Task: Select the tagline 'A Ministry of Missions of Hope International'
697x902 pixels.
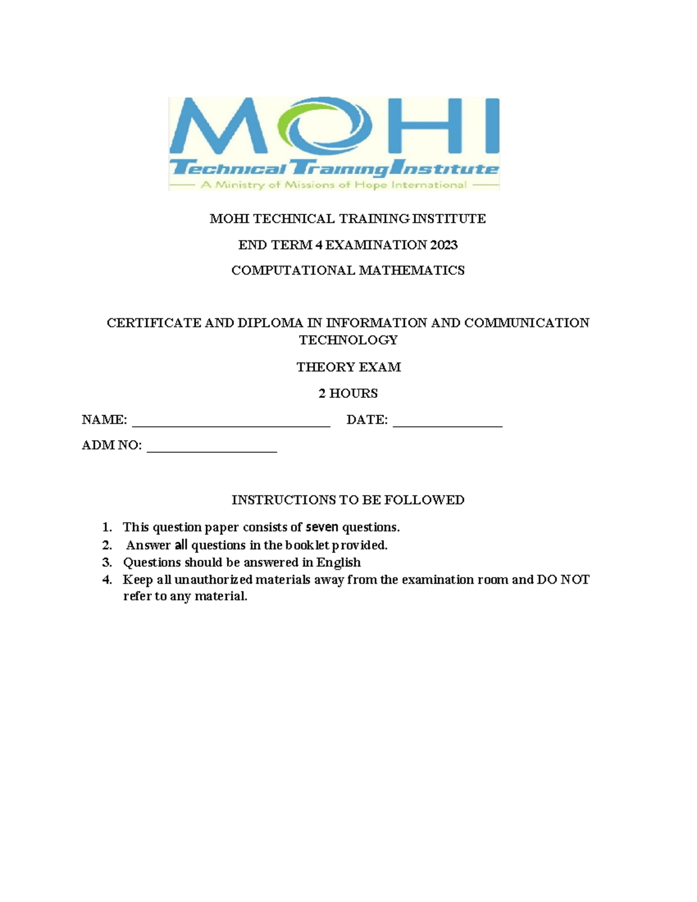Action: tap(333, 185)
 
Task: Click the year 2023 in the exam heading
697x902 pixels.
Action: tap(444, 245)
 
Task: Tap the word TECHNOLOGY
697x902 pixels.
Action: tap(348, 340)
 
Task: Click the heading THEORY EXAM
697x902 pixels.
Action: tap(348, 367)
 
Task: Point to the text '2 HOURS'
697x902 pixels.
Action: tap(348, 393)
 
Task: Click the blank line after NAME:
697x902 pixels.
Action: tap(231, 423)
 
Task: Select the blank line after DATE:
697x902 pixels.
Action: tap(447, 423)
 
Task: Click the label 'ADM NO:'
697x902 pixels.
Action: tap(112, 445)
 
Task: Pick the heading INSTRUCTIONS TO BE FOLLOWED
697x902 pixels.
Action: tap(348, 500)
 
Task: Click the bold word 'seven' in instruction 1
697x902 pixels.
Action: tap(322, 527)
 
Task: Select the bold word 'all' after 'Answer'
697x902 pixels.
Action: tap(181, 545)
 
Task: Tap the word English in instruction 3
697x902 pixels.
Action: tap(339, 562)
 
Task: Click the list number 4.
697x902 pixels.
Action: tap(106, 580)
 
